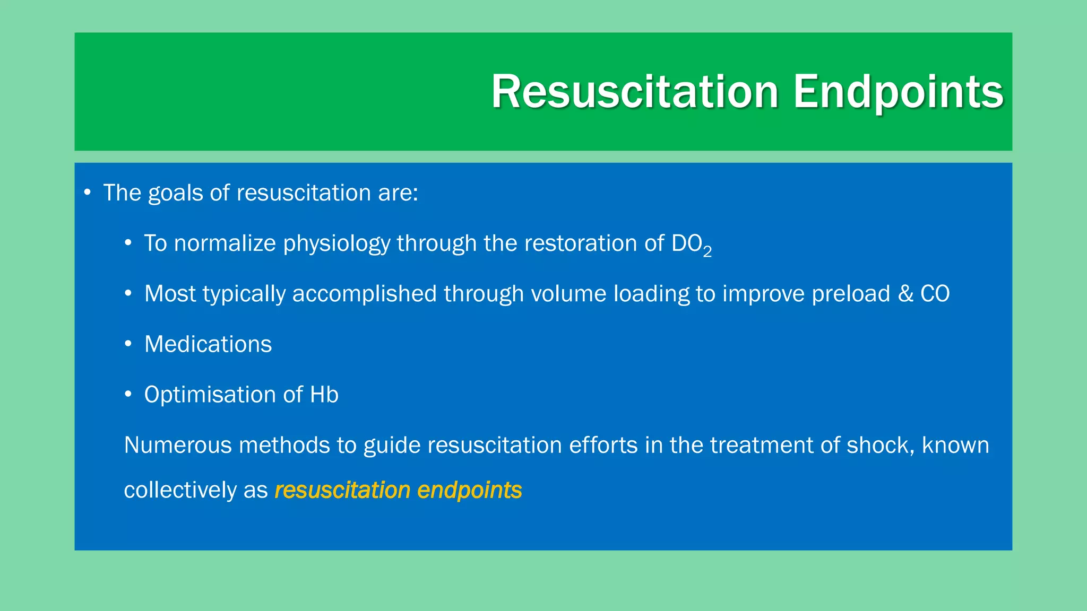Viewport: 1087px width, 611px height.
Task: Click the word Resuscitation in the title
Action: [635, 92]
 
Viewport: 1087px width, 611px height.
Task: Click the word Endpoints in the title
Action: [898, 92]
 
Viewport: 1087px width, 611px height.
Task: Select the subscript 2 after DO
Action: [707, 252]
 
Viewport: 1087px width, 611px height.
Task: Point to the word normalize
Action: [225, 243]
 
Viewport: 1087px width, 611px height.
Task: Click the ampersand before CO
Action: [905, 294]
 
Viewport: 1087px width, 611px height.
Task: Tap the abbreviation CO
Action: [935, 294]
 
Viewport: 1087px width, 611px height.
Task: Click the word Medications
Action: [208, 344]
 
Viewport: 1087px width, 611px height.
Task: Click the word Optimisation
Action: [210, 395]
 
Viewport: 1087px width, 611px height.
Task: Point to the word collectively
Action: [180, 490]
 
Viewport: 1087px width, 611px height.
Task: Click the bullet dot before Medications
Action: [128, 344]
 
